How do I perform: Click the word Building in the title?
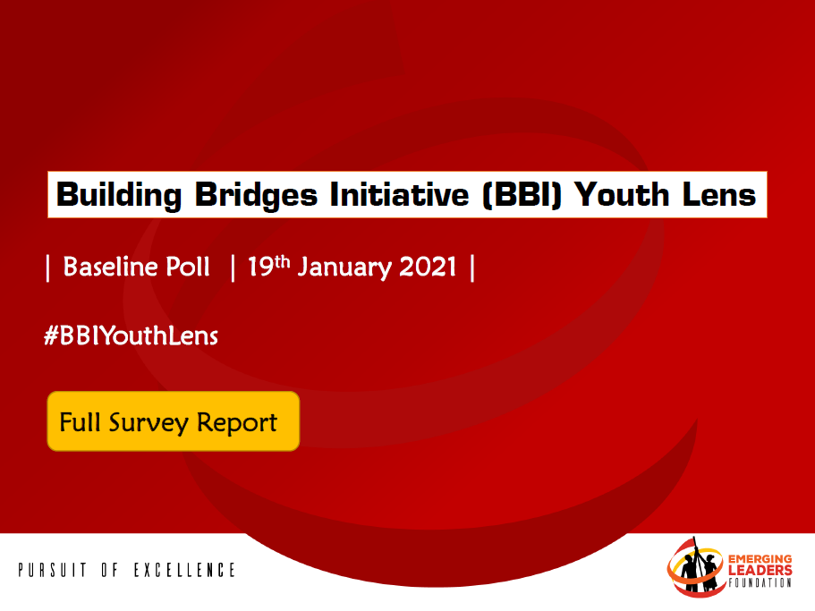[x=119, y=195]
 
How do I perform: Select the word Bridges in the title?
[x=256, y=195]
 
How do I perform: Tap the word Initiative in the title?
[x=400, y=194]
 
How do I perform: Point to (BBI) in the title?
[x=522, y=195]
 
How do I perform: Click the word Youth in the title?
[x=622, y=194]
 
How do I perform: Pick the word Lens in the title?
[x=719, y=194]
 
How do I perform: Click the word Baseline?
[x=110, y=267]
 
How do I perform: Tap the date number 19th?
[x=268, y=266]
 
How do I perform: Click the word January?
[x=344, y=267]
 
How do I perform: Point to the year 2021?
[x=428, y=267]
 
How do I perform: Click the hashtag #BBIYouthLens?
[x=131, y=335]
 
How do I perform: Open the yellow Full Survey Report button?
[x=173, y=421]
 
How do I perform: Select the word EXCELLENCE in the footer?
[x=184, y=570]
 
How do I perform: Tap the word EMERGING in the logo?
[x=760, y=560]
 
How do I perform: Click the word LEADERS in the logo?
[x=760, y=571]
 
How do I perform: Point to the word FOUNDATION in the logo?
[x=760, y=582]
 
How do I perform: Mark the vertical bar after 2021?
[x=472, y=267]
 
